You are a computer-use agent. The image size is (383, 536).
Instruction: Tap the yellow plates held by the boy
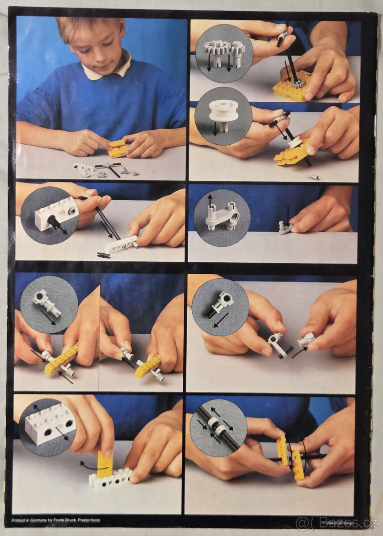tap(117, 149)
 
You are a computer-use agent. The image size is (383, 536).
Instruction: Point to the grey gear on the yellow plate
tap(295, 83)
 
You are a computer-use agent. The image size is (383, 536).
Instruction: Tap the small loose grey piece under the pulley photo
tap(312, 176)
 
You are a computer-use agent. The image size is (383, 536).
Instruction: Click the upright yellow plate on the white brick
tap(105, 464)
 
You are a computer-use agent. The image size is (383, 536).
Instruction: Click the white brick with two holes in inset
tap(48, 422)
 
